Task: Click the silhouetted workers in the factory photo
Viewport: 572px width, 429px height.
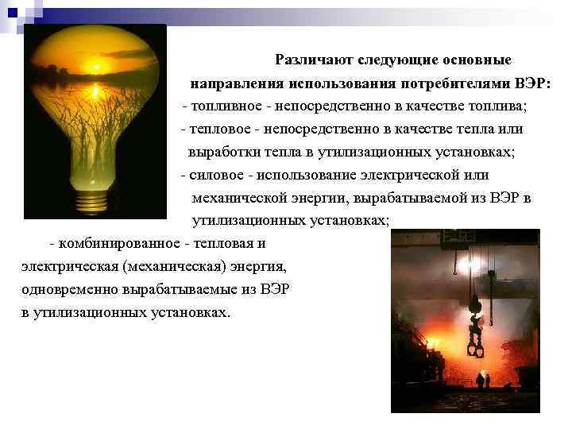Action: point(483,381)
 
